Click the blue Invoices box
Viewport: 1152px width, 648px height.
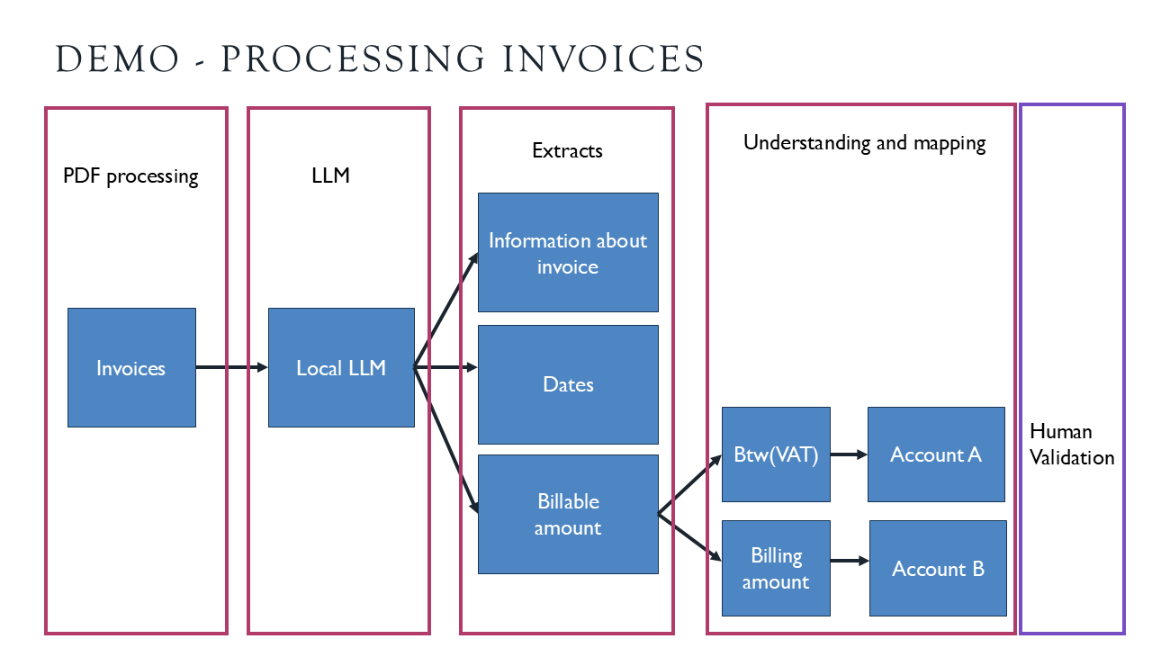click(x=131, y=367)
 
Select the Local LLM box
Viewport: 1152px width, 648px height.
click(x=341, y=367)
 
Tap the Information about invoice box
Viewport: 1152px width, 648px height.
click(x=568, y=253)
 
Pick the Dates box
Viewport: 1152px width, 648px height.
click(x=568, y=384)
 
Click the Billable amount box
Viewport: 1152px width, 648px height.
click(x=568, y=514)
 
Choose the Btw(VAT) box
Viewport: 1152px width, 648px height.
click(x=776, y=454)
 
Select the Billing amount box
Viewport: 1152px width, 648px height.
click(x=776, y=568)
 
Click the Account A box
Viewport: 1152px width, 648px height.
click(x=936, y=454)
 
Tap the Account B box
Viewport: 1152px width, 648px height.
click(x=938, y=568)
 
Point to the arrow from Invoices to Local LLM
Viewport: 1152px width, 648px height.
click(x=232, y=367)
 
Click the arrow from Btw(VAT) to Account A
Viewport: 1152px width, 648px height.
click(x=849, y=454)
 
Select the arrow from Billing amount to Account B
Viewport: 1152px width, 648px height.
click(x=850, y=561)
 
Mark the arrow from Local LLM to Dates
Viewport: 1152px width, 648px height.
click(x=446, y=367)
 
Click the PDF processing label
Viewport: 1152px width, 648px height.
click(x=130, y=175)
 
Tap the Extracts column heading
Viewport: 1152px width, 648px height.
click(x=567, y=150)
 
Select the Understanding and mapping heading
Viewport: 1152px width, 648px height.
click(x=864, y=143)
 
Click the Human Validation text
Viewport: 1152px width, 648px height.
click(x=1072, y=445)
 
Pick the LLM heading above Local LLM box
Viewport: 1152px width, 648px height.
click(x=330, y=175)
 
